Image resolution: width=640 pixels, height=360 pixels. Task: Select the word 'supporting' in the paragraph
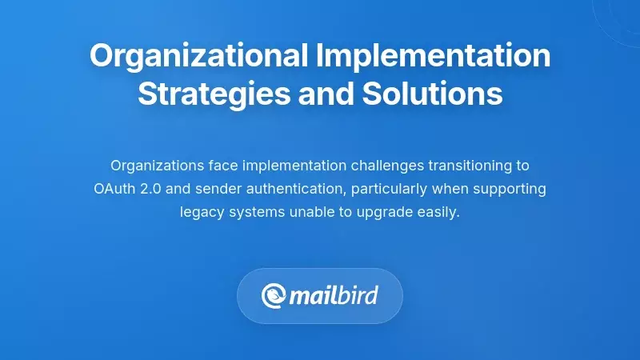pos(510,190)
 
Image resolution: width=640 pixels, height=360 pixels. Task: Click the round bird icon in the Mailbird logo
pos(274,296)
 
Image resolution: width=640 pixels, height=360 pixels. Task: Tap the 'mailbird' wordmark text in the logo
pos(333,296)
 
